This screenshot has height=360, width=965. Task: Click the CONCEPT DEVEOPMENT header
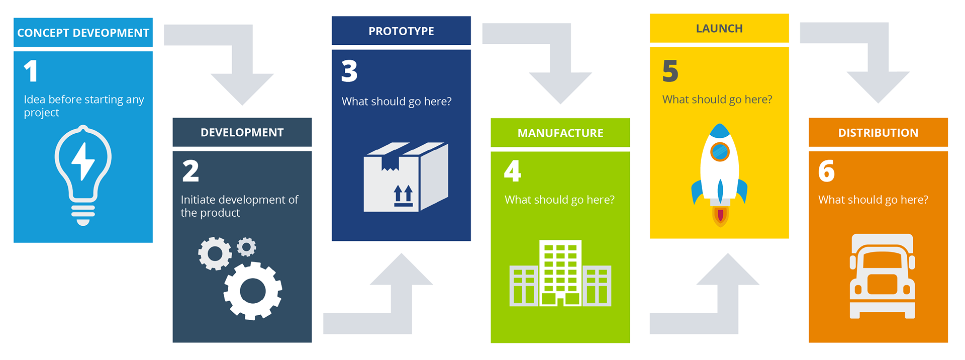83,33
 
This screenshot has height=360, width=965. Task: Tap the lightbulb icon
83,173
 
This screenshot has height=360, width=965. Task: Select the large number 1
31,71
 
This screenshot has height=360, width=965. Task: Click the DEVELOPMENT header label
242,132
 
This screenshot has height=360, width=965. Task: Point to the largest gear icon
253,291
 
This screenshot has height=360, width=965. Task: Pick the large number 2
190,171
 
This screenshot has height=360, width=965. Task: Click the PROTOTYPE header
401,31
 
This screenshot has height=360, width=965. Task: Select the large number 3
349,71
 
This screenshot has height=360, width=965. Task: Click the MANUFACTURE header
560,133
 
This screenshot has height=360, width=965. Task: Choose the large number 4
513,171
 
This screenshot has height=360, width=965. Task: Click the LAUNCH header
719,29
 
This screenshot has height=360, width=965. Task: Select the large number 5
670,71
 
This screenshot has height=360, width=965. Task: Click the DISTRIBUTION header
878,133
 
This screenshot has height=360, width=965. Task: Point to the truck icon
882,276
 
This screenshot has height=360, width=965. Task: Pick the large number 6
827,171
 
